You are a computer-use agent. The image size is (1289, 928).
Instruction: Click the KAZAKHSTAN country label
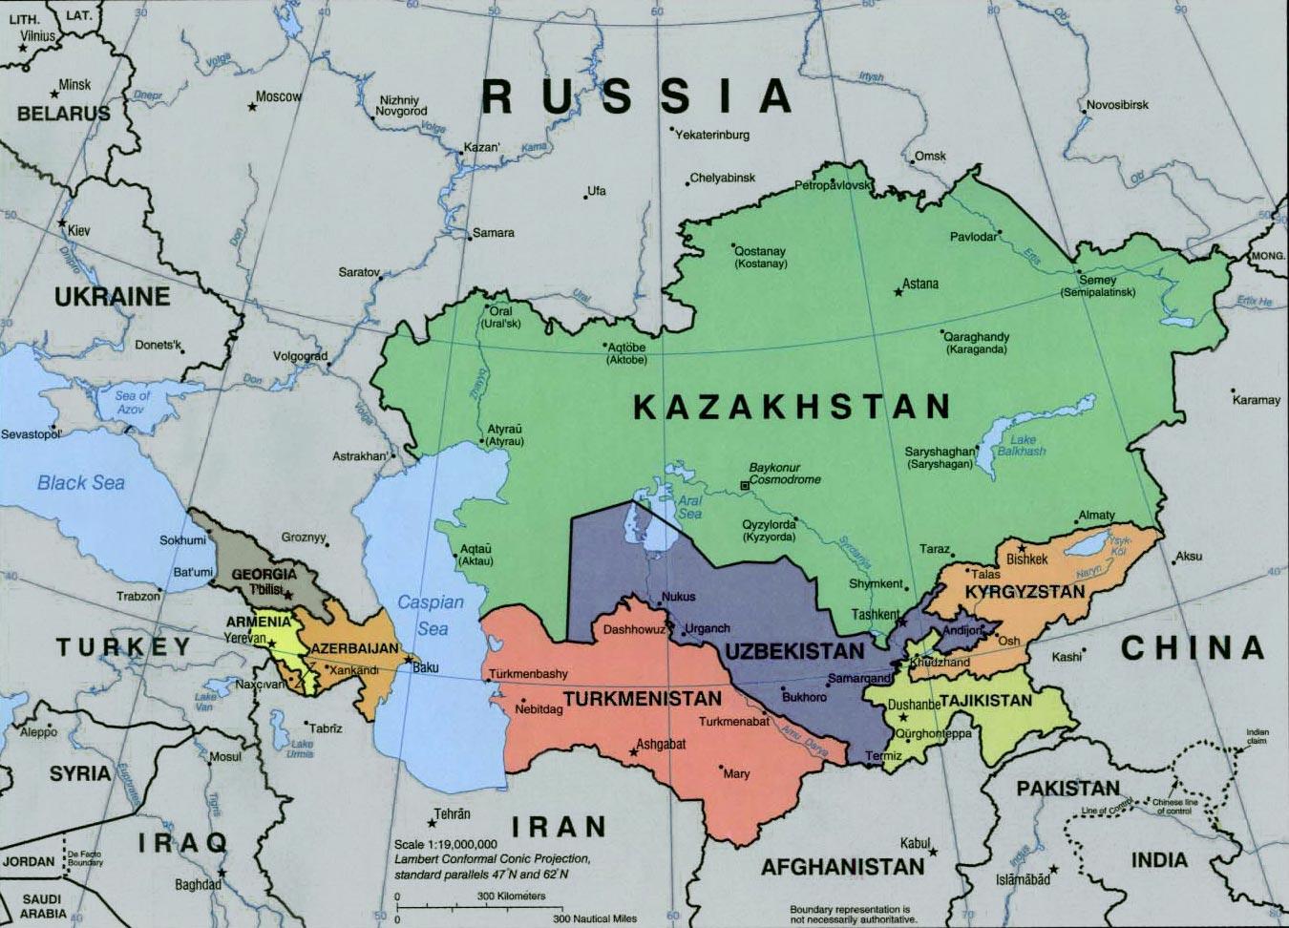[x=792, y=408]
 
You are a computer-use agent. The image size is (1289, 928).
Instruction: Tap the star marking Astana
[x=898, y=291]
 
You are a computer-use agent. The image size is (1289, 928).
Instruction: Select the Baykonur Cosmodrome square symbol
[x=746, y=485]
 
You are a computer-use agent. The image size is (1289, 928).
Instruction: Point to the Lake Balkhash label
[x=1022, y=445]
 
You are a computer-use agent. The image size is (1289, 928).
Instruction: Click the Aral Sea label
[x=689, y=507]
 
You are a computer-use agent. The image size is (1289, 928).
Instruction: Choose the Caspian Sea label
[x=431, y=615]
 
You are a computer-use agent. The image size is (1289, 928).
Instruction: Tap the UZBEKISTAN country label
[x=793, y=651]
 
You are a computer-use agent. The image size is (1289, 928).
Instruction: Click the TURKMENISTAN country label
[x=642, y=699]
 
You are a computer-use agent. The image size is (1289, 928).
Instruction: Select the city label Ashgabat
[x=661, y=743]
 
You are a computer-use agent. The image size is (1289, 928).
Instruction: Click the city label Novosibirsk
[x=1117, y=104]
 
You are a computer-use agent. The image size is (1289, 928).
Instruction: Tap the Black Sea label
[x=81, y=483]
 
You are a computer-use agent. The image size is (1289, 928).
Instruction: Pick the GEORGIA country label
[x=264, y=575]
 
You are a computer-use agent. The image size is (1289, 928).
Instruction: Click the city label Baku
[x=426, y=667]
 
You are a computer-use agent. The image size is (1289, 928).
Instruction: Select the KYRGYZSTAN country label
[x=1025, y=592]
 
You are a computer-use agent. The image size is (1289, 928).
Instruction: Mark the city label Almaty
[x=1096, y=516]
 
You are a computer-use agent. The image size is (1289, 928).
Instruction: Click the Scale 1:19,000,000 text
[x=446, y=844]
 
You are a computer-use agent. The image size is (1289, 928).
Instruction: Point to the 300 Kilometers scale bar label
[x=512, y=896]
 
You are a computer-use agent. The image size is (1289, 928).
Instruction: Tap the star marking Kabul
[x=933, y=852]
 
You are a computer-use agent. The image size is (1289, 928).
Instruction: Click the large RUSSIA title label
[x=637, y=96]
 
